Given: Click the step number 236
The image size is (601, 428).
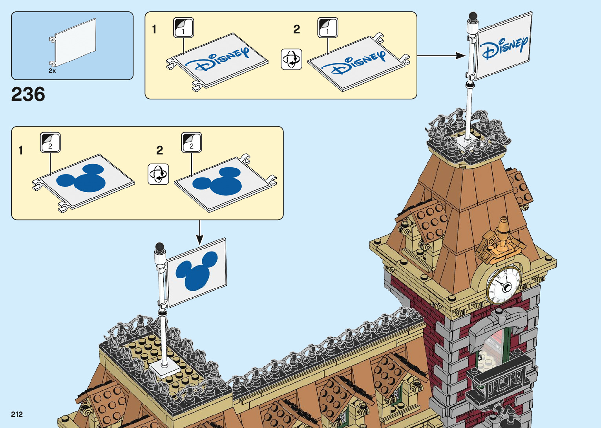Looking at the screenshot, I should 28,94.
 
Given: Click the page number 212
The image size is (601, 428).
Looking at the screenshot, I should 17,414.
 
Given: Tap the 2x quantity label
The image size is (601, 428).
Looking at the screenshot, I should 52,71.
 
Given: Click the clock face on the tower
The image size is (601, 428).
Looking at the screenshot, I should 504,285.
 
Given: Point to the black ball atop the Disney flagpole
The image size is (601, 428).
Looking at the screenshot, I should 473,16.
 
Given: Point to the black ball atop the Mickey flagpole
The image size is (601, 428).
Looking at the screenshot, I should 159,247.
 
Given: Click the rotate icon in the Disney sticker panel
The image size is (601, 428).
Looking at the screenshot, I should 292,59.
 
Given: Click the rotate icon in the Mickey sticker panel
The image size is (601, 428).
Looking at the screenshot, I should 158,174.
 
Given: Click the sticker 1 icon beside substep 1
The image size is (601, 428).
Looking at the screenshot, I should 183,28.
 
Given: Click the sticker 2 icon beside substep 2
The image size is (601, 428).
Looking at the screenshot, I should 191,142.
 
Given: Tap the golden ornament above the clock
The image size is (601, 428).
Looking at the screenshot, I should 501,240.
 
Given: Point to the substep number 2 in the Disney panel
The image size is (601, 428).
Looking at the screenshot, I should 297,29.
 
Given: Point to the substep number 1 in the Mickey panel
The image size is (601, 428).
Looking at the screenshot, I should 21,151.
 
